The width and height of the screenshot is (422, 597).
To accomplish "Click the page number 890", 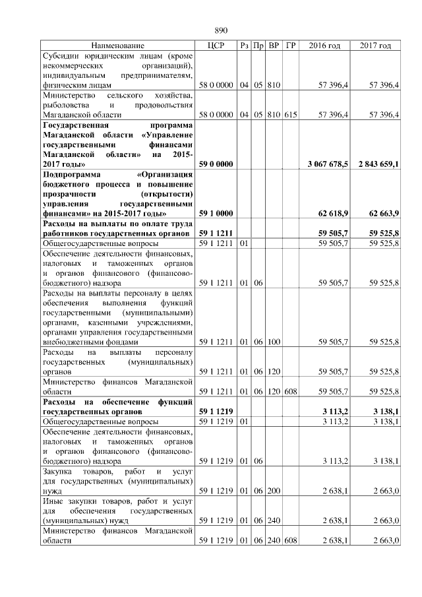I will (x=221, y=30).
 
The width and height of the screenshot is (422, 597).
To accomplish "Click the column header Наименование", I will (x=118, y=46).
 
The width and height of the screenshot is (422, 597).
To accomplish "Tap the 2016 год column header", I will (x=325, y=46).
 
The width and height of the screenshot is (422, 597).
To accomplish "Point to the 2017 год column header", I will (x=376, y=46).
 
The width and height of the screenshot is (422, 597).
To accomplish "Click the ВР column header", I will (x=274, y=46).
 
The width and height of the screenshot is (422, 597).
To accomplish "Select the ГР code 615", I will (x=291, y=115).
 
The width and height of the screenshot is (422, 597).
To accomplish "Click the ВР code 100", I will (x=274, y=342).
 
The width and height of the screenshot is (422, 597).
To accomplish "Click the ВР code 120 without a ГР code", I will (x=274, y=371).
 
